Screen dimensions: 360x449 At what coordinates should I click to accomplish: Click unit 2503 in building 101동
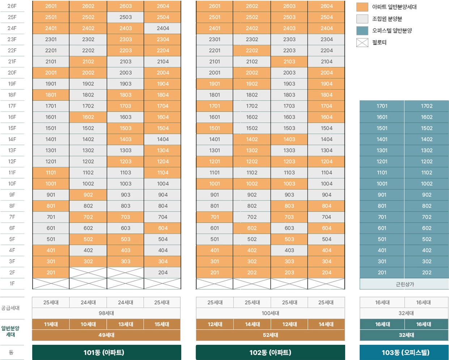pos(126,17)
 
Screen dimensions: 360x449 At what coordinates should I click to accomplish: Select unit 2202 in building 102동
pos(252,50)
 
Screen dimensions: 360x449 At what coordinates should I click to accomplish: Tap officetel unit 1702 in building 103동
pos(427,106)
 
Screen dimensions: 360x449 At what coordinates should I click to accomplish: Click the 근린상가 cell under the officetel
pos(404,284)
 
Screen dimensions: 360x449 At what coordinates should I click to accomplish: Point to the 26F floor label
pos(12,6)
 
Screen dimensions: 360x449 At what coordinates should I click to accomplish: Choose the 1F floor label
pos(12,284)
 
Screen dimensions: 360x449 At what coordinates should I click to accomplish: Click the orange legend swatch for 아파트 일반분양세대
pos(362,7)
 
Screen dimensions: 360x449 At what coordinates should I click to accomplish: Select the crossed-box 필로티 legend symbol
pos(362,42)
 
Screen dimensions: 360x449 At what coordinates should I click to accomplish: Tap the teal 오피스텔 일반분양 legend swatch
pos(362,31)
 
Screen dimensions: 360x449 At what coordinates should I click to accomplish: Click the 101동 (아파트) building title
pos(106,352)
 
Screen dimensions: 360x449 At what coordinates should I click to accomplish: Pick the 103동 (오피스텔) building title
pos(404,352)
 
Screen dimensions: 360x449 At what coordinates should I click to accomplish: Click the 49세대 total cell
pos(106,335)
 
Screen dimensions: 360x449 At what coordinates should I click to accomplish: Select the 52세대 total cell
pos(270,335)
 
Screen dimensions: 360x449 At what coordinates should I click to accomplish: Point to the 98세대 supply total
pos(106,313)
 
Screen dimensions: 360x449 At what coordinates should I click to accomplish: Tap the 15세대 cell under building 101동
pos(162,324)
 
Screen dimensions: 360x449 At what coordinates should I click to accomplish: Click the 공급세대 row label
pos(10,308)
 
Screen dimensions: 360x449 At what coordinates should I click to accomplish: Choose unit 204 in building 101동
pos(163,272)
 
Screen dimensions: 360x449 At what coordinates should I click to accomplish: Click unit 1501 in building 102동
pos(215,128)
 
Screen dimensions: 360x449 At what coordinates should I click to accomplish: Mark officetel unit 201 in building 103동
pos(382,272)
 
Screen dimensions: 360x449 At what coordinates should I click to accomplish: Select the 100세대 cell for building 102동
pos(270,313)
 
